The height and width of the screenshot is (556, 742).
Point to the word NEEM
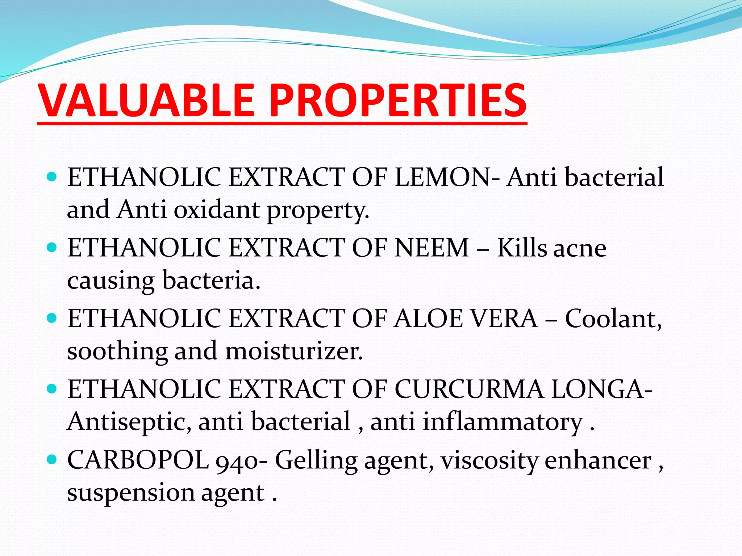pos(432,248)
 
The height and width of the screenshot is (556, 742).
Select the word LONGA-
pos(602,389)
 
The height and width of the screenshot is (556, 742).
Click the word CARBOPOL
pos(138,460)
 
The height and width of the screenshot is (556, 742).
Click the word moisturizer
pos(293,351)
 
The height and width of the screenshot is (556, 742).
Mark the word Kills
pos(521,248)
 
